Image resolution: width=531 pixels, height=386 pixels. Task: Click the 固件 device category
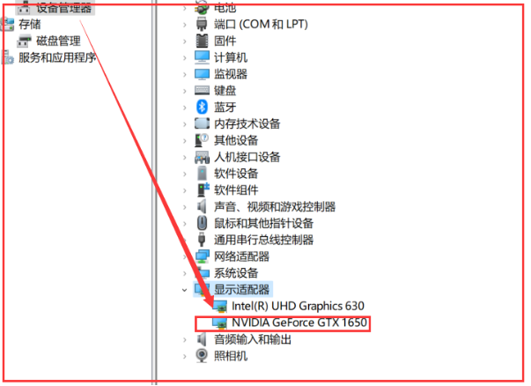coord(225,41)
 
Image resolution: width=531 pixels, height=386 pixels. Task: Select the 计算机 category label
coord(231,57)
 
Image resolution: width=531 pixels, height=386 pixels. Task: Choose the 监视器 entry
coord(231,74)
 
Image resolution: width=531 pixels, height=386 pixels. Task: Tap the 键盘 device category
coord(225,90)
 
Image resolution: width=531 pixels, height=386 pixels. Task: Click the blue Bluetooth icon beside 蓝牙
coord(202,107)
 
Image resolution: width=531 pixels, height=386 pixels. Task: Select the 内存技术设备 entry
coord(247,123)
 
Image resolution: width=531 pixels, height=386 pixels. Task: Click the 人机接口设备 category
coord(247,157)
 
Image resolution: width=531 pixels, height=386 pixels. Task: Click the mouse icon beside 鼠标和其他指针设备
coord(202,223)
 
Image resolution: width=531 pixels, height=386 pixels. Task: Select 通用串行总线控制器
coord(264,240)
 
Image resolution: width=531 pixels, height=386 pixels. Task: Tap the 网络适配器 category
coord(241,256)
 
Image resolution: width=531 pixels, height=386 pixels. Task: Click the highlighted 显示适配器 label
coord(241,289)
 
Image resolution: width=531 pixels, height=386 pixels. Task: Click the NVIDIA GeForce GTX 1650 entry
coord(298,323)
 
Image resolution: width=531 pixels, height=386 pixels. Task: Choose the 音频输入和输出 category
coord(253,339)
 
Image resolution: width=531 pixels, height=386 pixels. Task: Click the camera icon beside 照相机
coord(202,355)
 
